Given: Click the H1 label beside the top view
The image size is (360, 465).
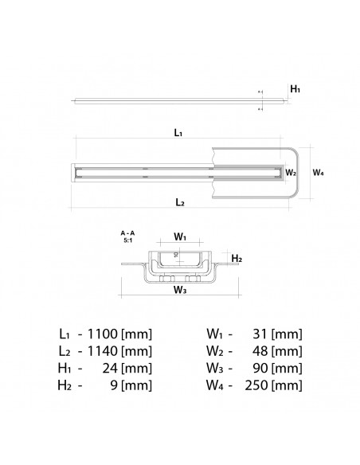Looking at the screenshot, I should tap(295, 90).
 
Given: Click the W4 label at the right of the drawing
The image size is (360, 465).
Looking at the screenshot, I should tap(318, 171).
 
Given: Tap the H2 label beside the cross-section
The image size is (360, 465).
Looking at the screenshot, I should tap(236, 259).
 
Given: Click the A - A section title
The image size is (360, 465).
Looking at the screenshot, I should tap(127, 232).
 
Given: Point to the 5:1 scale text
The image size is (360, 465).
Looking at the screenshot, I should tap(127, 240).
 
